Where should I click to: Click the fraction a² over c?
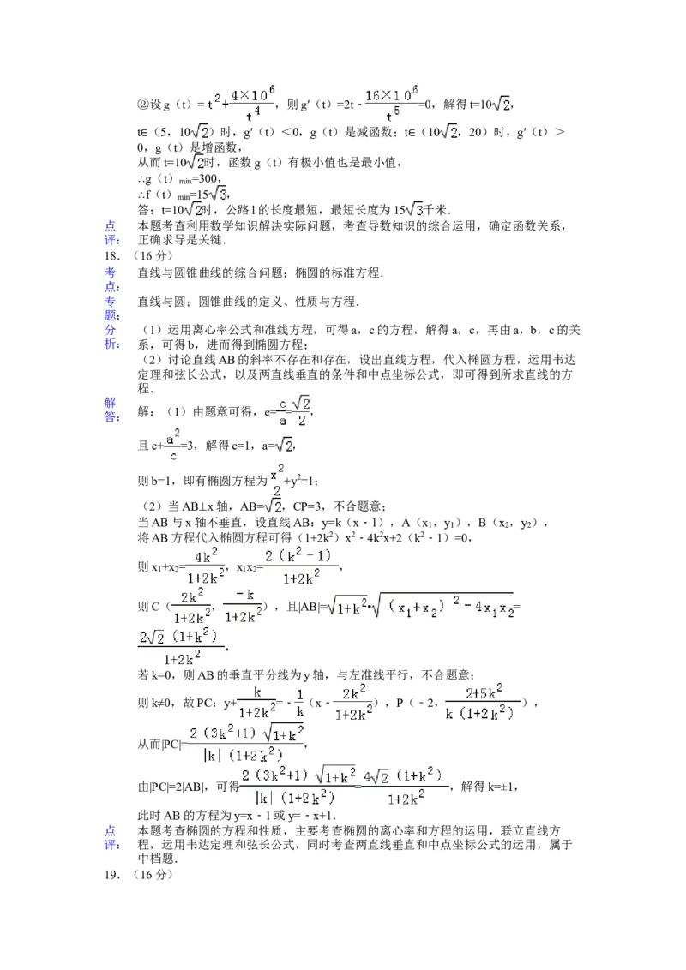pyautogui.click(x=172, y=444)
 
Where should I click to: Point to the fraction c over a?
pyautogui.click(x=281, y=413)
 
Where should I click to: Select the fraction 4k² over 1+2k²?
pyautogui.click(x=203, y=564)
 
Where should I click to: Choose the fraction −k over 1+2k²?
pyautogui.click(x=244, y=606)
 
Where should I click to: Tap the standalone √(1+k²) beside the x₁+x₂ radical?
pyautogui.click(x=346, y=607)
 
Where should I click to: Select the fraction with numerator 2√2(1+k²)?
pyautogui.click(x=182, y=648)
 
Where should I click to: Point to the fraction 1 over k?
pyautogui.click(x=299, y=702)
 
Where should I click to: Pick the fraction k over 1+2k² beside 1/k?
pyautogui.click(x=256, y=702)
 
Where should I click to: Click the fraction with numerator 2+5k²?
pyautogui.click(x=483, y=702)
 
